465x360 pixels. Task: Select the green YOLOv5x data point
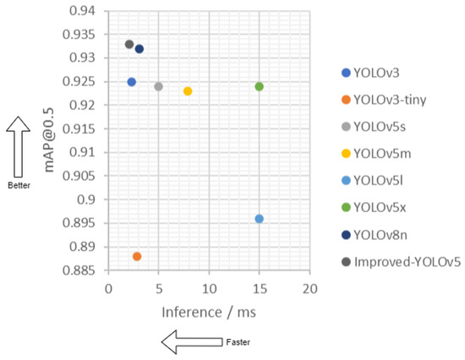point(260,86)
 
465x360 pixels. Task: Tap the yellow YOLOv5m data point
point(188,90)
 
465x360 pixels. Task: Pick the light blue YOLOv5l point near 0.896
point(260,219)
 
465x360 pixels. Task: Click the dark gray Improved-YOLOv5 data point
point(129,44)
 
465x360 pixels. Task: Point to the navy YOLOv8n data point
point(139,49)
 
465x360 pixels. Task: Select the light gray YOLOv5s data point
point(158,86)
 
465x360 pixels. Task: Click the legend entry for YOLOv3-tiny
point(391,100)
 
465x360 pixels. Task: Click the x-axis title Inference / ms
point(209,312)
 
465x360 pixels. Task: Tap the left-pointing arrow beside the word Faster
point(189,342)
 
